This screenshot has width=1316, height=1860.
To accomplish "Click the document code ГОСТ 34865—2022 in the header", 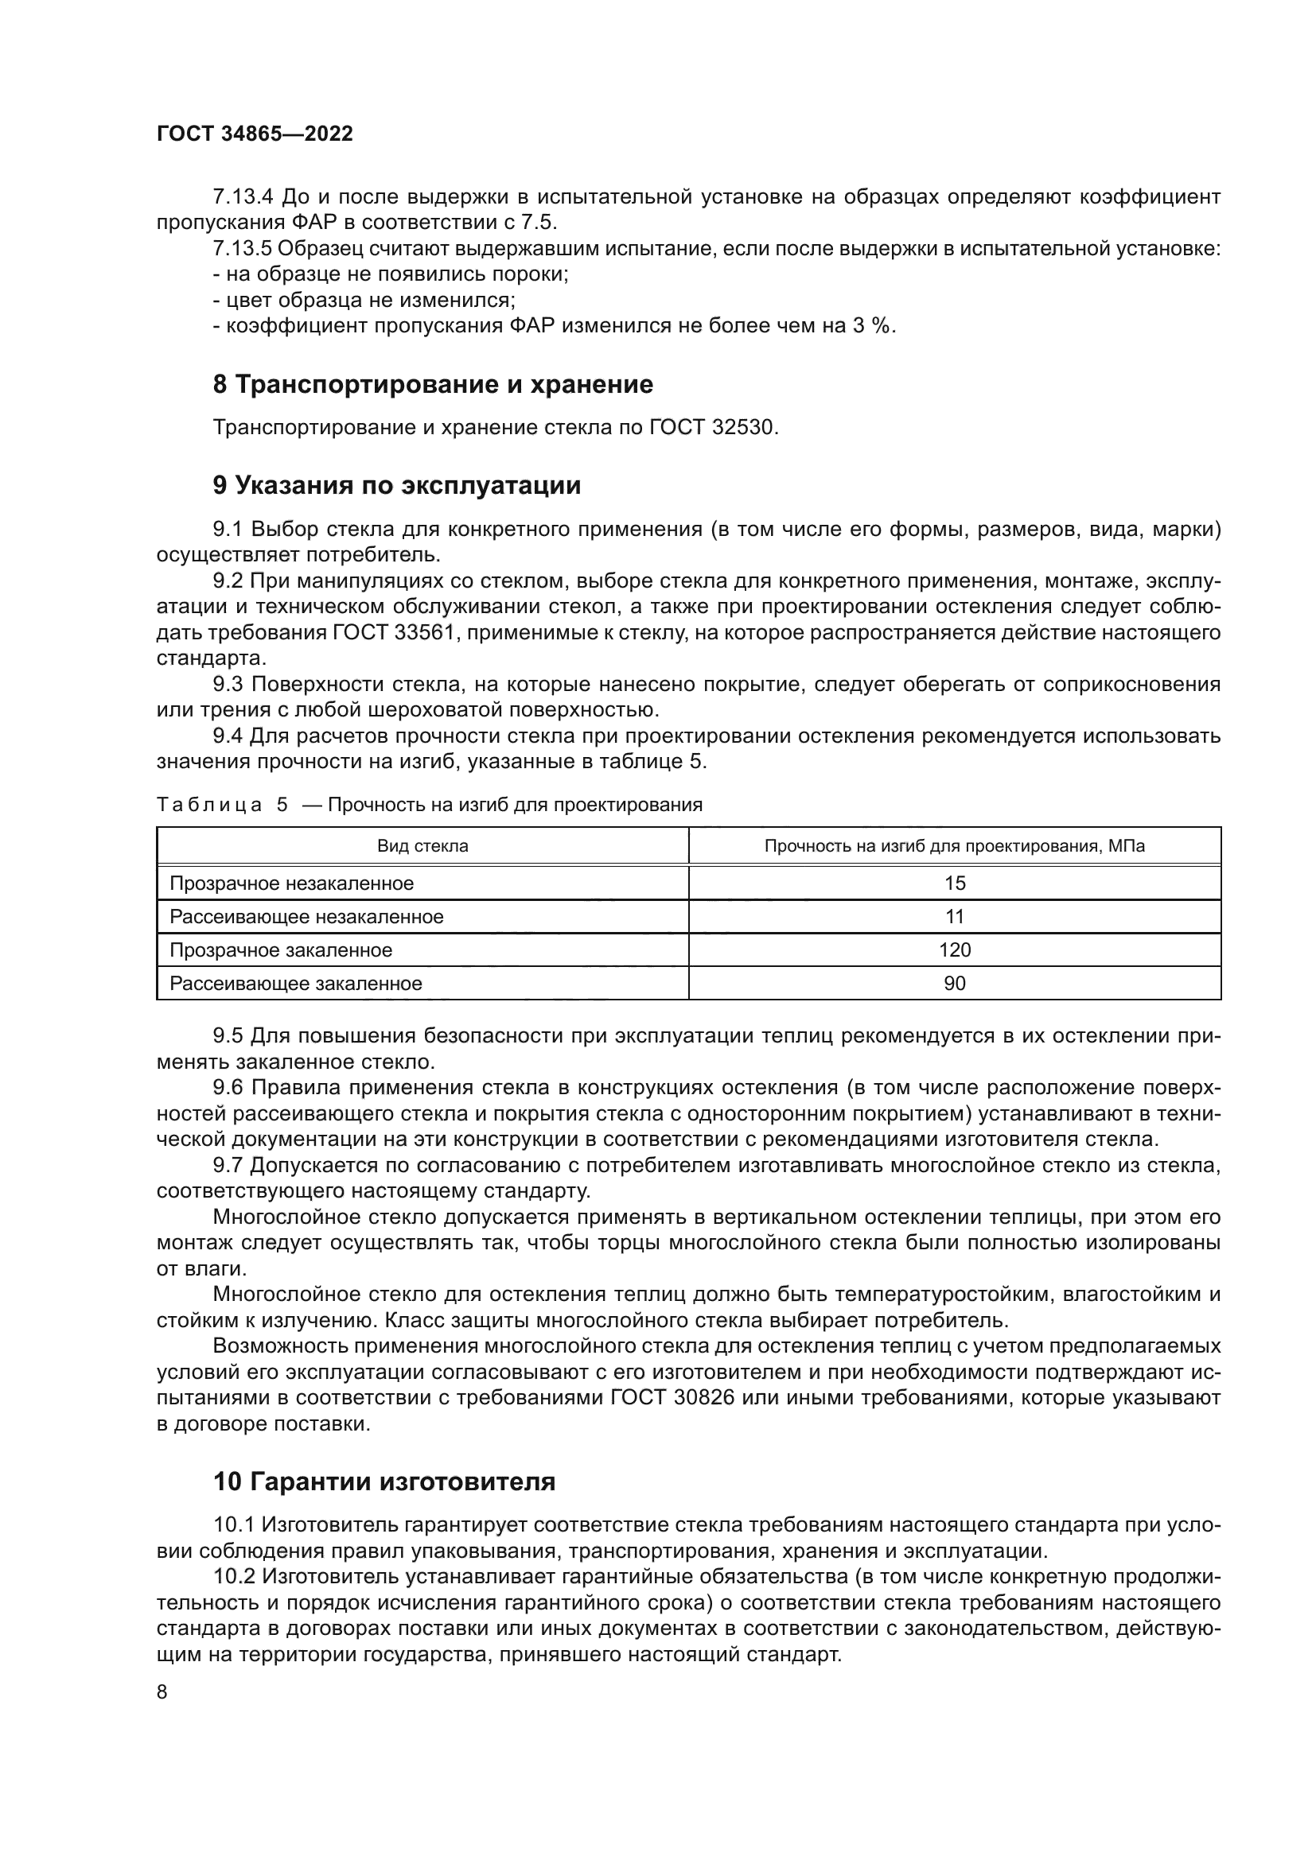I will [x=255, y=134].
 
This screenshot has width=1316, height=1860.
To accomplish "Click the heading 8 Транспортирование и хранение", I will [x=433, y=384].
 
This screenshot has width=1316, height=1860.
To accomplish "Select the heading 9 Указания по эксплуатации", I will [x=396, y=485].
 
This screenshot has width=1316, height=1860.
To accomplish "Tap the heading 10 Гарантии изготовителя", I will [x=384, y=1481].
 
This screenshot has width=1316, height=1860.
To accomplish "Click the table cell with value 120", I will [x=955, y=950].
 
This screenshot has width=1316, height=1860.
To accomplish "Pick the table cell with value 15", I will [x=955, y=883].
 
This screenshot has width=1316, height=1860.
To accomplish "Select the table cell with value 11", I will [x=955, y=917].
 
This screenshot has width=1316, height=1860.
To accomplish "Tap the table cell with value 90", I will [x=955, y=984].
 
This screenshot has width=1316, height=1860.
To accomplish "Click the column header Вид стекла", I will [x=422, y=847].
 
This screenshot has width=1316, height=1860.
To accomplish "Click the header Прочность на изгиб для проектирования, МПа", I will [x=955, y=847].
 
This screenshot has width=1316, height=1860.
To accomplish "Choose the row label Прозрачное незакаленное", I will [x=291, y=883].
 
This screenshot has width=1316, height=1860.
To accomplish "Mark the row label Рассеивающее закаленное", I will [x=296, y=984].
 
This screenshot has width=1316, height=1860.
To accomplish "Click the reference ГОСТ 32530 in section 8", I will [x=712, y=428].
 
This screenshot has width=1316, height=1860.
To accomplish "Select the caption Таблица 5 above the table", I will [x=222, y=806].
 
